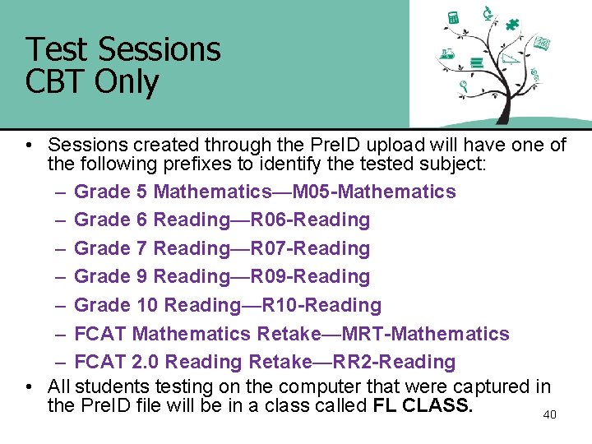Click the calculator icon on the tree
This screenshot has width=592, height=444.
point(453,18)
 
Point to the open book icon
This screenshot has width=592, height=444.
point(542,43)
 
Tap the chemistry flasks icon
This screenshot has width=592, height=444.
point(447,55)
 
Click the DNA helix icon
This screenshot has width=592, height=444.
point(535,75)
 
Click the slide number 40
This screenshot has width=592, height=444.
point(549,414)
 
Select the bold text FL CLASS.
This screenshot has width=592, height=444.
point(423,405)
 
